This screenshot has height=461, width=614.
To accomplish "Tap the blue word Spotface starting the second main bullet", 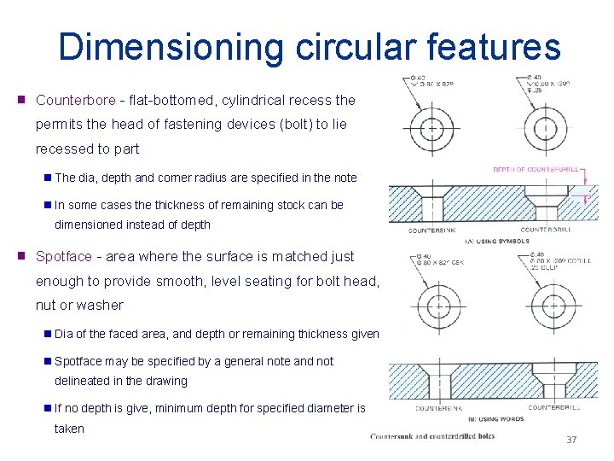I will click(62, 256).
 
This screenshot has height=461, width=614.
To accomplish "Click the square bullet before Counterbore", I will click(21, 100).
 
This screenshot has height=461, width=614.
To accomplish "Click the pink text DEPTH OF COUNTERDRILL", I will click(536, 169).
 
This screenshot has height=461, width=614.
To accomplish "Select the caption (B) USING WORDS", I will click(494, 419).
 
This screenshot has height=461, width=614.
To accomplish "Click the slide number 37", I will click(571, 440).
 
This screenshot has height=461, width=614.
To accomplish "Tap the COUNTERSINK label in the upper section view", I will click(432, 230).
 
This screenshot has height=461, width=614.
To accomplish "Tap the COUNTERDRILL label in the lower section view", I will click(553, 407).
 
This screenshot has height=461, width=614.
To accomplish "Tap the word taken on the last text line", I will click(69, 429).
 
